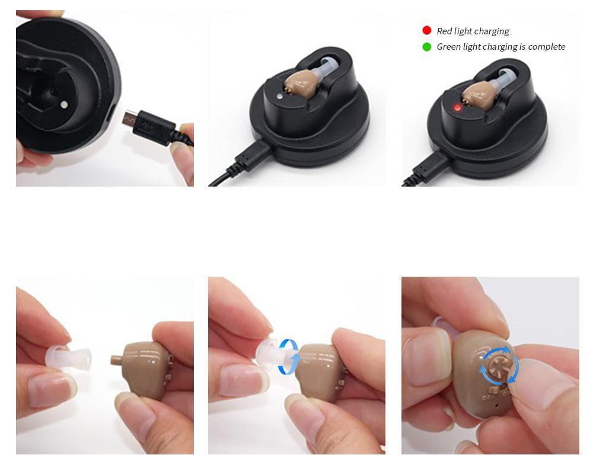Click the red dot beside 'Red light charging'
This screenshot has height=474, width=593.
click(x=426, y=31)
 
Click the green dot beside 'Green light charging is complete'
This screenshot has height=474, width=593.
click(x=426, y=47)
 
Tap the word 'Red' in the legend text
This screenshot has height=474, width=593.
click(x=445, y=31)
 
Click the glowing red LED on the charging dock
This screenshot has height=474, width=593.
click(x=457, y=108)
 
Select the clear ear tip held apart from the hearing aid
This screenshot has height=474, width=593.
click(x=70, y=358)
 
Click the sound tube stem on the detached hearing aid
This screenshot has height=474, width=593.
click(x=116, y=358)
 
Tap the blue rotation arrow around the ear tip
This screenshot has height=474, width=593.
click(x=288, y=355)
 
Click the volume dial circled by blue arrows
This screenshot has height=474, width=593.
click(x=499, y=366)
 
